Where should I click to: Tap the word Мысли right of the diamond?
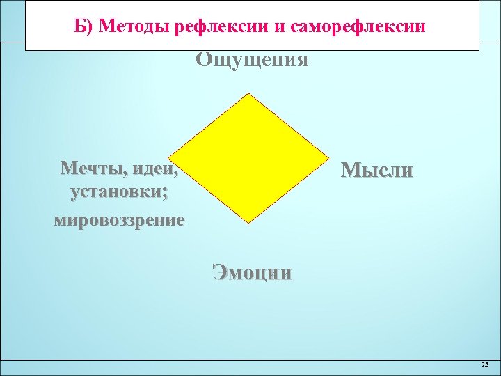pyautogui.click(x=376, y=171)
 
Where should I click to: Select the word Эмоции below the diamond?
pyautogui.click(x=252, y=272)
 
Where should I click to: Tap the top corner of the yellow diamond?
pyautogui.click(x=249, y=94)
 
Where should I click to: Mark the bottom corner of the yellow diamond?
pyautogui.click(x=249, y=223)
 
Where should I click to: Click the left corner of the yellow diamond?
pyautogui.click(x=169, y=158)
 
